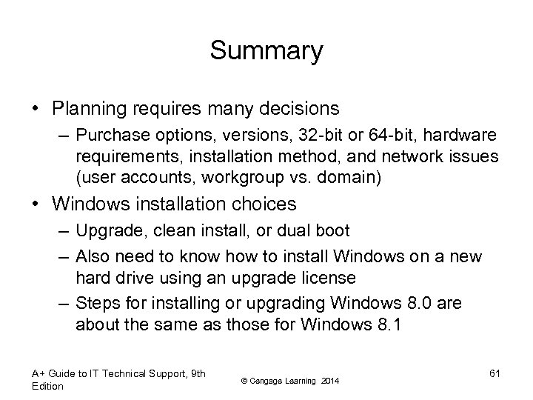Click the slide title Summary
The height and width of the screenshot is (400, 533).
266,51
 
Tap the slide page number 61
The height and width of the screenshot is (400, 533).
495,373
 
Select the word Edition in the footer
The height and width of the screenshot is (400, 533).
48,386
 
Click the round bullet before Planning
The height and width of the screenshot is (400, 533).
36,110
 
